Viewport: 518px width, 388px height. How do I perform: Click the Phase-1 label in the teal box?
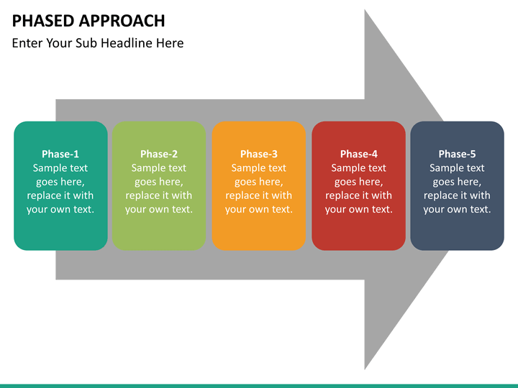pyautogui.click(x=60, y=154)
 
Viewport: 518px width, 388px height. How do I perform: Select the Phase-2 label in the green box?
pyautogui.click(x=159, y=154)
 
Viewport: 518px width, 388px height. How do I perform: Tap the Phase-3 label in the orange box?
pyautogui.click(x=259, y=154)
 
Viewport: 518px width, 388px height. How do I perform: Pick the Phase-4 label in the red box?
pyautogui.click(x=358, y=154)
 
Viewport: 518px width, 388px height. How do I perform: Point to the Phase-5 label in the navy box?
pyautogui.click(x=457, y=154)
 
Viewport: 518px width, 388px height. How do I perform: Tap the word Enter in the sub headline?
pyautogui.click(x=27, y=43)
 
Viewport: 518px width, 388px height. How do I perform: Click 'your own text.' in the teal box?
pyautogui.click(x=60, y=209)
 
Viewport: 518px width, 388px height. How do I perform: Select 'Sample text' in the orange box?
pyautogui.click(x=259, y=168)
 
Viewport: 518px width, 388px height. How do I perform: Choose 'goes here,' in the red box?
pyautogui.click(x=358, y=182)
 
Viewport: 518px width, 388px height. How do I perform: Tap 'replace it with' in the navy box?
pyautogui.click(x=457, y=195)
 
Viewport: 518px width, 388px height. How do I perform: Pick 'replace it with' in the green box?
pyautogui.click(x=159, y=195)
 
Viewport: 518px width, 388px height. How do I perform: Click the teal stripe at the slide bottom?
pyautogui.click(x=259, y=385)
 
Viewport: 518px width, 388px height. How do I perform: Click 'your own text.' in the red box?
pyautogui.click(x=358, y=209)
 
